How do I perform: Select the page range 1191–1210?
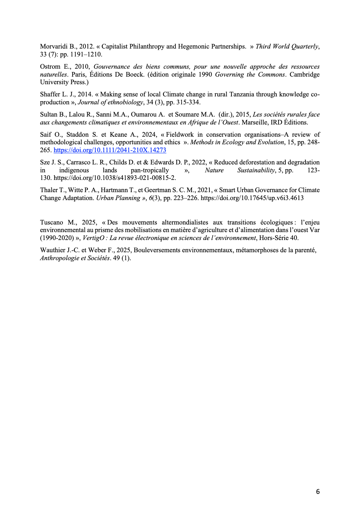pos(86,54)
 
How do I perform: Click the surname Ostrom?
pos(50,67)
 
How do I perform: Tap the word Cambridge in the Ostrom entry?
pos(305,75)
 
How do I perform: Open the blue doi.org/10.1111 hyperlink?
pos(110,150)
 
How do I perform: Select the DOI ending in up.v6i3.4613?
pos(252,198)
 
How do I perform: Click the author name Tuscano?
pos(52,223)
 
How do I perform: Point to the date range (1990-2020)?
pos(57,238)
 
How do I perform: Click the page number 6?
pos(318,492)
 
